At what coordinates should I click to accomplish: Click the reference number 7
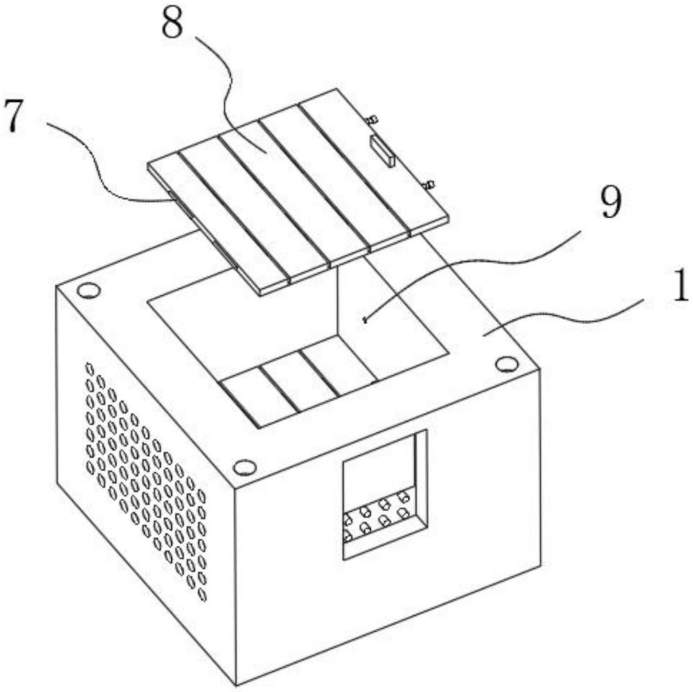(19, 116)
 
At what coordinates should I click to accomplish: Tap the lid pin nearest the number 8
(371, 120)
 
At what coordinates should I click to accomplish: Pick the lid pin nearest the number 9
(428, 184)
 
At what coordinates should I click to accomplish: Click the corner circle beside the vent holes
(88, 290)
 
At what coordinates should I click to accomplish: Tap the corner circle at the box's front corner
(244, 468)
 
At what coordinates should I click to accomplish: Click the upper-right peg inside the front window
(402, 497)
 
